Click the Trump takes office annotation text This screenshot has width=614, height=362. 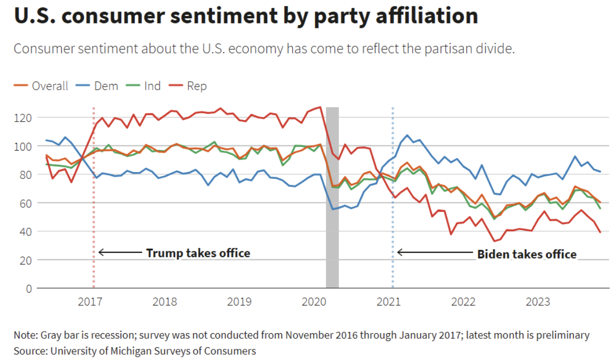(x=198, y=253)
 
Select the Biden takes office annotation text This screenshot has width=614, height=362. (x=526, y=254)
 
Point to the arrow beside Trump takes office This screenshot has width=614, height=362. (x=120, y=252)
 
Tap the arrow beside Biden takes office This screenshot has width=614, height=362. (x=435, y=252)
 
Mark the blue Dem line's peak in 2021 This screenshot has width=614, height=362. (x=407, y=135)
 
